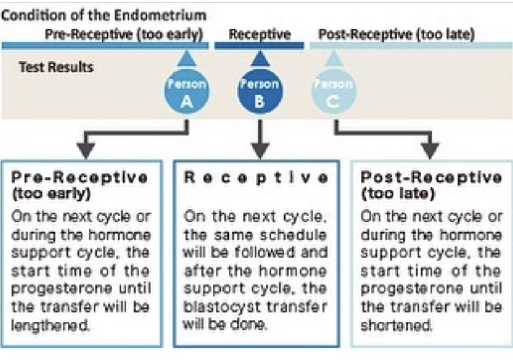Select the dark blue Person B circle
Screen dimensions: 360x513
[x=260, y=93]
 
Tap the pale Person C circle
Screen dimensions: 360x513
[x=333, y=93]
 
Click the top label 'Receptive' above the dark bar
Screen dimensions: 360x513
[x=259, y=34]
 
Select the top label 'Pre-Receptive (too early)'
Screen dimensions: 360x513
[x=124, y=34]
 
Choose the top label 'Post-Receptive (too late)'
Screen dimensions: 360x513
[x=397, y=34]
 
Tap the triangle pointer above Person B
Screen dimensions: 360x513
[x=260, y=59]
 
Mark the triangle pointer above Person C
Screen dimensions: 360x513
[x=333, y=59]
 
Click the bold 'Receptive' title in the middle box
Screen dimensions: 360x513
[x=256, y=178]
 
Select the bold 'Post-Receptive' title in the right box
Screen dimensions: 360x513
[x=431, y=178]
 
